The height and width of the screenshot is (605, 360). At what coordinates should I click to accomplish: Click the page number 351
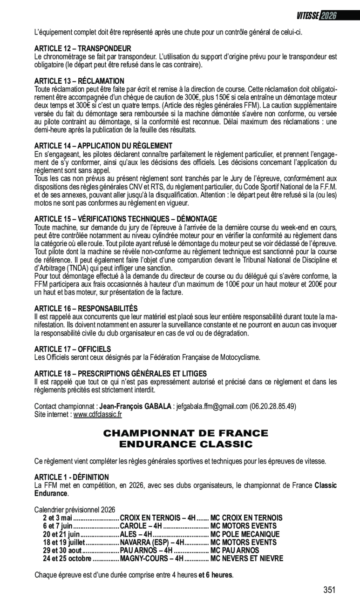click(329, 590)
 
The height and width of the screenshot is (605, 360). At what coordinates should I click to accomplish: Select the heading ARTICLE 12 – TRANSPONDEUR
click(83, 48)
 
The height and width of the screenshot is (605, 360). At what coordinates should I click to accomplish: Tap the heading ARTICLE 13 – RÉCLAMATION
click(79, 81)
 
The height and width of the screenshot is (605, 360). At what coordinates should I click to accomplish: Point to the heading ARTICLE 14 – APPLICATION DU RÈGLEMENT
click(103, 146)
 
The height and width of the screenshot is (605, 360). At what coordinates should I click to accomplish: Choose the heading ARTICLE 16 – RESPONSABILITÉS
click(86, 309)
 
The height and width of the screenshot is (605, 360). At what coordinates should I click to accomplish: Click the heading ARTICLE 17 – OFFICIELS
click(73, 349)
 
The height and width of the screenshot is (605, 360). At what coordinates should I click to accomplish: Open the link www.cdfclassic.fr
click(98, 414)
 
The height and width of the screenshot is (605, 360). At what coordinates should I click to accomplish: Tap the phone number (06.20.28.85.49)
click(273, 406)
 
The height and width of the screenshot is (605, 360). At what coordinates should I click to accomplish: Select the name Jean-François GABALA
click(139, 406)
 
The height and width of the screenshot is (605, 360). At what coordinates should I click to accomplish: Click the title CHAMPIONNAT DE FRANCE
click(185, 434)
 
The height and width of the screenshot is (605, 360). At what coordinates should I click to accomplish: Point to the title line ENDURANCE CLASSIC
click(185, 444)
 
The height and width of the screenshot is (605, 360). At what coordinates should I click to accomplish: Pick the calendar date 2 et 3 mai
click(57, 518)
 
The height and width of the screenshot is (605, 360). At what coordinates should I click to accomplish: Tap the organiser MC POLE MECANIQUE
click(245, 534)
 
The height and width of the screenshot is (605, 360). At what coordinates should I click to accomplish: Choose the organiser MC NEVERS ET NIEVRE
click(247, 558)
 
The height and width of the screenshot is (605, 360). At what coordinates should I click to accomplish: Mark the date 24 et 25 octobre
click(67, 558)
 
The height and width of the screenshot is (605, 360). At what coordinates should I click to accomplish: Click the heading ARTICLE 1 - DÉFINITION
click(72, 477)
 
